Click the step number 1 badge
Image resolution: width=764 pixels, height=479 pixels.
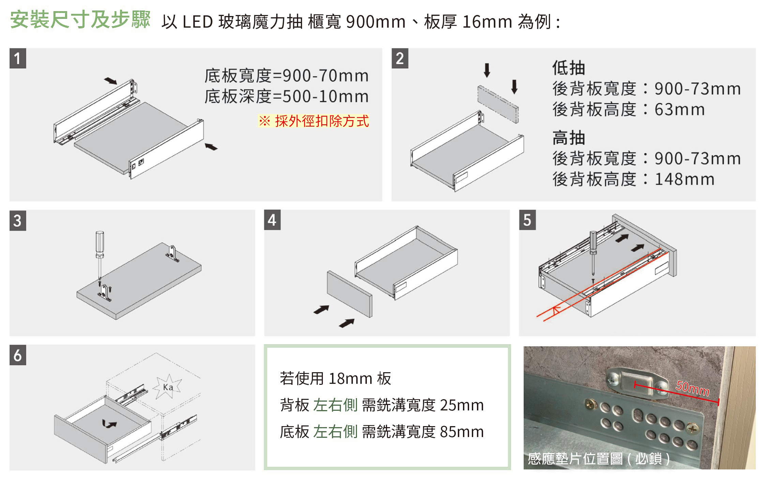click(x=18, y=58)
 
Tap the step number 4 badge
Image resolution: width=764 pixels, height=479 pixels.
click(x=272, y=220)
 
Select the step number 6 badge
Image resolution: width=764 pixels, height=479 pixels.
click(x=18, y=355)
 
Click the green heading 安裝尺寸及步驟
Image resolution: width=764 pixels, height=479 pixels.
click(x=80, y=19)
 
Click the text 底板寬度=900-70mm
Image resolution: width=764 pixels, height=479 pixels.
click(x=286, y=75)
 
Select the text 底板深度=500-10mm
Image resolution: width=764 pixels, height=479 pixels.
click(x=286, y=96)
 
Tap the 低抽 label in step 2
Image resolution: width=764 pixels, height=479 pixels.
click(x=568, y=68)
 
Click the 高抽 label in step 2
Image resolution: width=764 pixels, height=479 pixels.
click(x=568, y=138)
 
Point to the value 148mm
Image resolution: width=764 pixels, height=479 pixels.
click(x=684, y=179)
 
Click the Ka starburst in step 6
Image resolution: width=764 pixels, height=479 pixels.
click(x=168, y=387)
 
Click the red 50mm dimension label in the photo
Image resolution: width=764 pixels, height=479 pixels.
click(x=692, y=388)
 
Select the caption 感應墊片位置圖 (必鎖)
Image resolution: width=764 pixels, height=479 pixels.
click(x=599, y=459)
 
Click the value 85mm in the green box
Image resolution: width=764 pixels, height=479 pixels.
click(x=462, y=432)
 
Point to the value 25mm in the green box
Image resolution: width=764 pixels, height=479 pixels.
click(x=462, y=405)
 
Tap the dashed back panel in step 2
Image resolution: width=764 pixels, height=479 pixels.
click(x=498, y=104)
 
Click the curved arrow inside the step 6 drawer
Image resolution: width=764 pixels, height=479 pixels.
click(x=109, y=424)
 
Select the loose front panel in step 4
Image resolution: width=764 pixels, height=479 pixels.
click(x=349, y=294)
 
